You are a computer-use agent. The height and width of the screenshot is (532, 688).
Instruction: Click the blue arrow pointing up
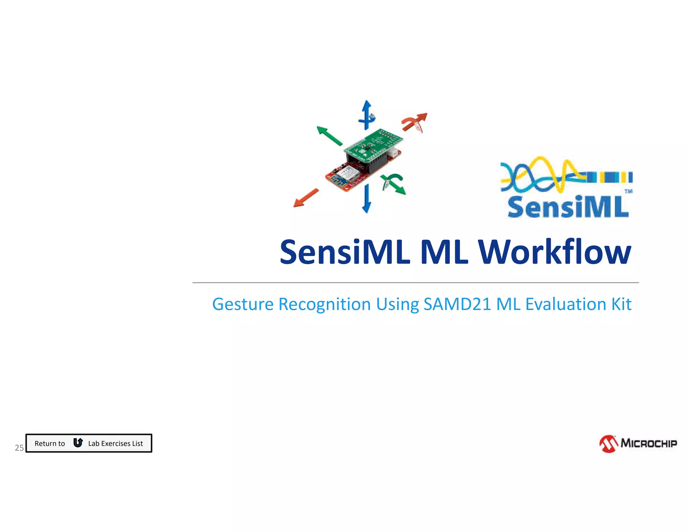coord(367,114)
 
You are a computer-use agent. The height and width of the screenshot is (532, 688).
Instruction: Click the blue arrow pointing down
coord(367,198)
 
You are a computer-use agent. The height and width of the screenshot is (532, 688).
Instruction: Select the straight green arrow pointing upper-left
coord(329,136)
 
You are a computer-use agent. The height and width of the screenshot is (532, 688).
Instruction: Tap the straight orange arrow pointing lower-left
coord(306,198)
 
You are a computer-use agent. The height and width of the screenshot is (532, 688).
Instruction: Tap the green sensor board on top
coord(373,145)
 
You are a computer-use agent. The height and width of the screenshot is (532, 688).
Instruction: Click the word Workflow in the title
coord(555,252)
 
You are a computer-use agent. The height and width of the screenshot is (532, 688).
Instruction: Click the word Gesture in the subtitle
coord(243,304)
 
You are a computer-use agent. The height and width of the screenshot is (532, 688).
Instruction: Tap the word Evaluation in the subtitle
coord(565,304)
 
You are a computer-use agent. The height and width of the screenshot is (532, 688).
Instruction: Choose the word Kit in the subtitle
coord(621,304)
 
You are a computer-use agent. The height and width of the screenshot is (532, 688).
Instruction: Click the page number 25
coord(19,448)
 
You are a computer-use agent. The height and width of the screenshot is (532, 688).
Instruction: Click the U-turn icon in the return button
coord(78,443)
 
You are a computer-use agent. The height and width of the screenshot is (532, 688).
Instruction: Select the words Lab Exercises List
coord(116,444)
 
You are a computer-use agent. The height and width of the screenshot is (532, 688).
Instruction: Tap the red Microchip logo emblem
coord(608,444)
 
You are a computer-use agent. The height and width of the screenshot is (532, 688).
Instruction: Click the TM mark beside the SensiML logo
coord(628,191)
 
